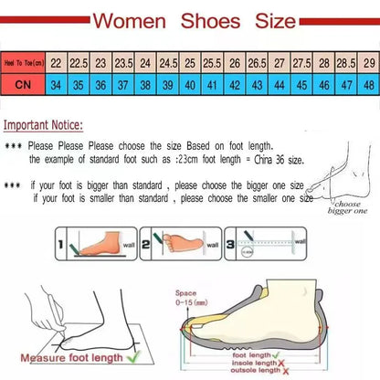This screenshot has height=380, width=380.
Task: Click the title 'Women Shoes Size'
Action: [190, 19]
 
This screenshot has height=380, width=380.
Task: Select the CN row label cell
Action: [24, 83]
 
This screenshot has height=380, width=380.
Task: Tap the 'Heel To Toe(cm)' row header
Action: [24, 63]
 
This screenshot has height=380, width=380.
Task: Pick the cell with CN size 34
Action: [57, 83]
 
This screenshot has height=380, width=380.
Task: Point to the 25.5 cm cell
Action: [212, 63]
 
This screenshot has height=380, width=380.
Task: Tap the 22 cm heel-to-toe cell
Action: [57, 63]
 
